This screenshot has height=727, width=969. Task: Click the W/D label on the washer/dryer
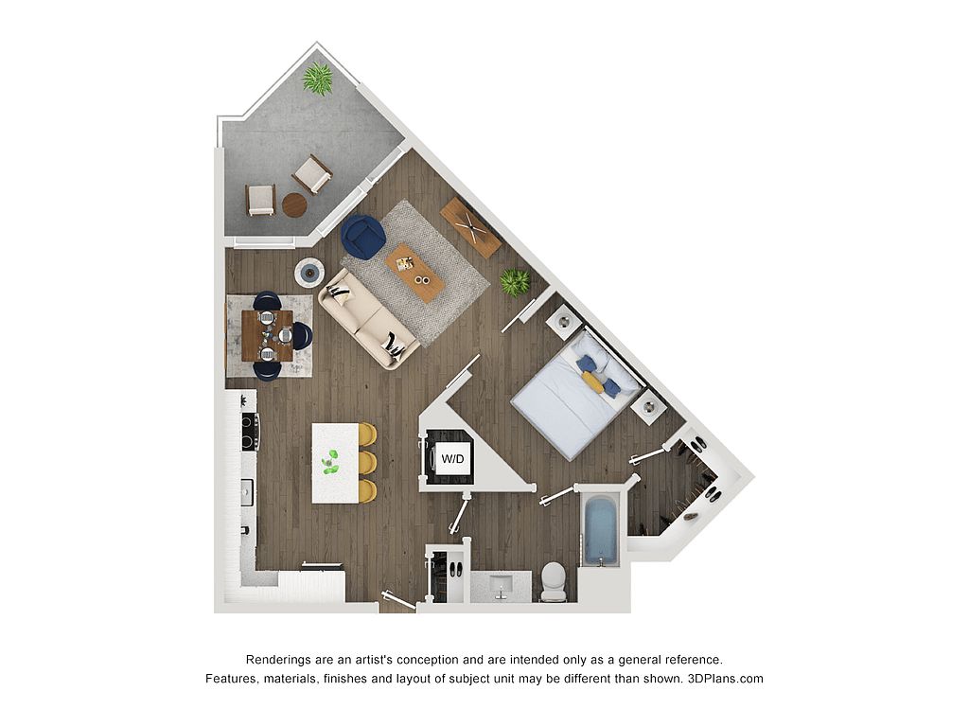452,459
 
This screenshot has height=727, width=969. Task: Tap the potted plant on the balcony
318,79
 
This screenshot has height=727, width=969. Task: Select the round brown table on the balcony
294,204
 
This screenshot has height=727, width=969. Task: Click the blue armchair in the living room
363,236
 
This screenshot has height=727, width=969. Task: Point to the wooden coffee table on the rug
414,273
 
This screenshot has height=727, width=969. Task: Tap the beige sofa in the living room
368,319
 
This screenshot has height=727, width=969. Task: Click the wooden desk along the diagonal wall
471,227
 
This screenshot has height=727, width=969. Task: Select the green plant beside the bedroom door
515,282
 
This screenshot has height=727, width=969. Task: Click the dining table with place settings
268,336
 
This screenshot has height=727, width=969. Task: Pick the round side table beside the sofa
309,272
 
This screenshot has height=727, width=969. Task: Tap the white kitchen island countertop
335,463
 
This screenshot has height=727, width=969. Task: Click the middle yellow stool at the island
367,461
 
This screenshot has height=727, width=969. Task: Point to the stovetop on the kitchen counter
249,431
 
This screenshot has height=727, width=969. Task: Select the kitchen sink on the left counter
247,492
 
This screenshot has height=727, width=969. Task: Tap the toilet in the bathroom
554,581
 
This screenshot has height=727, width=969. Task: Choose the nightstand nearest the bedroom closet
648,407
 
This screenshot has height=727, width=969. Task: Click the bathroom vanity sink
502,586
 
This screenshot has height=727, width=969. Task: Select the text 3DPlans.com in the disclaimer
726,678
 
